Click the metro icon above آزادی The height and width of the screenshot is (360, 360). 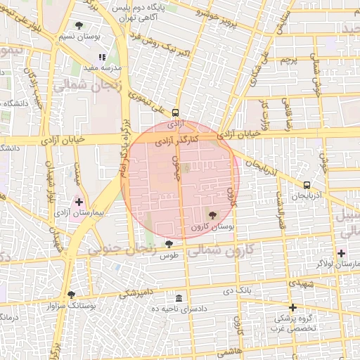pyautogui.click(x=175, y=112)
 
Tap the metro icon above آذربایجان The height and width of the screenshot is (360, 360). pyautogui.click(x=307, y=186)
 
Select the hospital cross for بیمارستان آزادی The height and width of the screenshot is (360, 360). pyautogui.click(x=79, y=202)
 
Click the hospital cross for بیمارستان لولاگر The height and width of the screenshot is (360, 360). pyautogui.click(x=342, y=253)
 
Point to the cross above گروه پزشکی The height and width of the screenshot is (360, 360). pyautogui.click(x=293, y=307)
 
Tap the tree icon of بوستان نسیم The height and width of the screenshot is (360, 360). pyautogui.click(x=78, y=25)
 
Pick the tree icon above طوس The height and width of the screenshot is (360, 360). pyautogui.click(x=169, y=243)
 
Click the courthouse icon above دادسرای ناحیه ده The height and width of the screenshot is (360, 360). pyautogui.click(x=179, y=298)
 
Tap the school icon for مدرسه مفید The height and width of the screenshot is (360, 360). pyautogui.click(x=103, y=58)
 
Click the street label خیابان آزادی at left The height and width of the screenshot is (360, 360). pyautogui.click(x=63, y=140)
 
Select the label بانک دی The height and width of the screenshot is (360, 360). pyautogui.click(x=238, y=290)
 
